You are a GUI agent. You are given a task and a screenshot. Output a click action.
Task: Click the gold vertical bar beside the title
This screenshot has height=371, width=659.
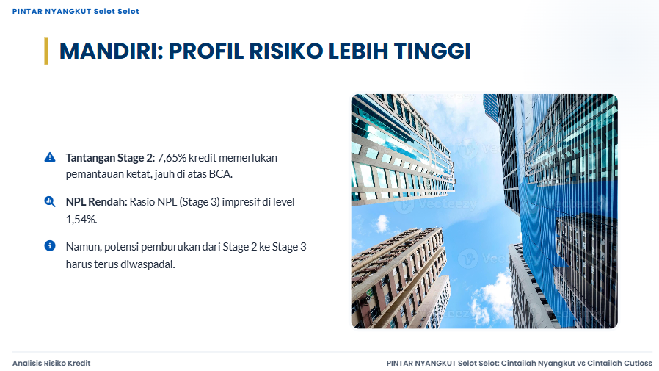pyautogui.click(x=46, y=51)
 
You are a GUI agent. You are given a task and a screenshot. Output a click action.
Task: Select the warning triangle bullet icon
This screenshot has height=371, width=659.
pyautogui.click(x=50, y=157)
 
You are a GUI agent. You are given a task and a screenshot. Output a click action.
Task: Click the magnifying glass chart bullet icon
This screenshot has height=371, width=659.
pyautogui.click(x=50, y=201)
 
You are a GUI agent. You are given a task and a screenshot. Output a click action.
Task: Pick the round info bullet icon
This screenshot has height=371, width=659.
pyautogui.click(x=50, y=245)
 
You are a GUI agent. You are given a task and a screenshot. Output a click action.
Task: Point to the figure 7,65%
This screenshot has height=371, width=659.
pyautogui.click(x=172, y=158)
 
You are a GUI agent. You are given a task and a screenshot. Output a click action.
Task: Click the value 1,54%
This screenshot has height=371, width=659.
pyautogui.click(x=81, y=220)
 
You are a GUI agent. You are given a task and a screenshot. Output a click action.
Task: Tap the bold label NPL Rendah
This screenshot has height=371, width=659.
pyautogui.click(x=97, y=202)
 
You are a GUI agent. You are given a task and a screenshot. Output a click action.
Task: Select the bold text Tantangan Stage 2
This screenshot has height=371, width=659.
pyautogui.click(x=111, y=158)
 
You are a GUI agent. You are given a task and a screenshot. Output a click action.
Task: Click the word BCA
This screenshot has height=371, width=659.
pyautogui.click(x=221, y=174)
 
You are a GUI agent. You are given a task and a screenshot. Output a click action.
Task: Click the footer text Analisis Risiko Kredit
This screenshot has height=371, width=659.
pyautogui.click(x=51, y=363)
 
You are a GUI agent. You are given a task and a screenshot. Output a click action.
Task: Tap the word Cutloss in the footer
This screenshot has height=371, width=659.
pyautogui.click(x=636, y=363)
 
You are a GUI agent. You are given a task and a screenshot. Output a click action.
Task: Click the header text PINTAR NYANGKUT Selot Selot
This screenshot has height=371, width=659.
pyautogui.click(x=76, y=11)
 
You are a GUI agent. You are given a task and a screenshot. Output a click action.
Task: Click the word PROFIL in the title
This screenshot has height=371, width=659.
pyautogui.click(x=205, y=51)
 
